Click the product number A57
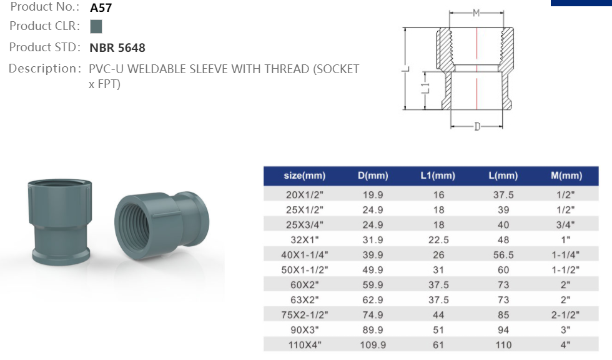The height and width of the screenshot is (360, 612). (x=101, y=8)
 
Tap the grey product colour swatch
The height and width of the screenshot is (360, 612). (x=96, y=27)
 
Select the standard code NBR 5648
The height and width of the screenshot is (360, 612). (x=117, y=47)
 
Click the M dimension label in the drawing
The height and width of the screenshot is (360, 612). (x=476, y=13)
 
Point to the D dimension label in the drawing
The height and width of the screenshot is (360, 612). (x=477, y=127)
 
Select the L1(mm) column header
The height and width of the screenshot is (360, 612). (x=438, y=176)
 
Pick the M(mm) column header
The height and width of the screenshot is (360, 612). (x=566, y=176)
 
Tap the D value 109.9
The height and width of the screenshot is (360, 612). (x=373, y=345)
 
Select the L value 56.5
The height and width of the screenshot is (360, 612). (x=503, y=255)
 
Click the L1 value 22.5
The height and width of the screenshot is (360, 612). (x=438, y=240)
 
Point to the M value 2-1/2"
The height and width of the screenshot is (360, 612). (x=566, y=315)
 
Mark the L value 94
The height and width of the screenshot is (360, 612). (x=503, y=330)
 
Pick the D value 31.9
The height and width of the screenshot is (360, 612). (x=373, y=240)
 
